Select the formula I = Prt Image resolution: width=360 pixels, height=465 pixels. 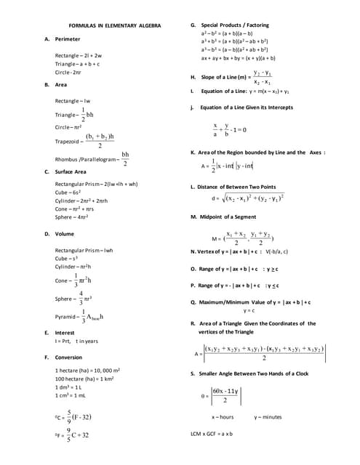(75, 341)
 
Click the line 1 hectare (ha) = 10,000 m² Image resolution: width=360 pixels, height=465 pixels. (87, 371)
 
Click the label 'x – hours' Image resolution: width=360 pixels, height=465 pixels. (223, 417)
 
